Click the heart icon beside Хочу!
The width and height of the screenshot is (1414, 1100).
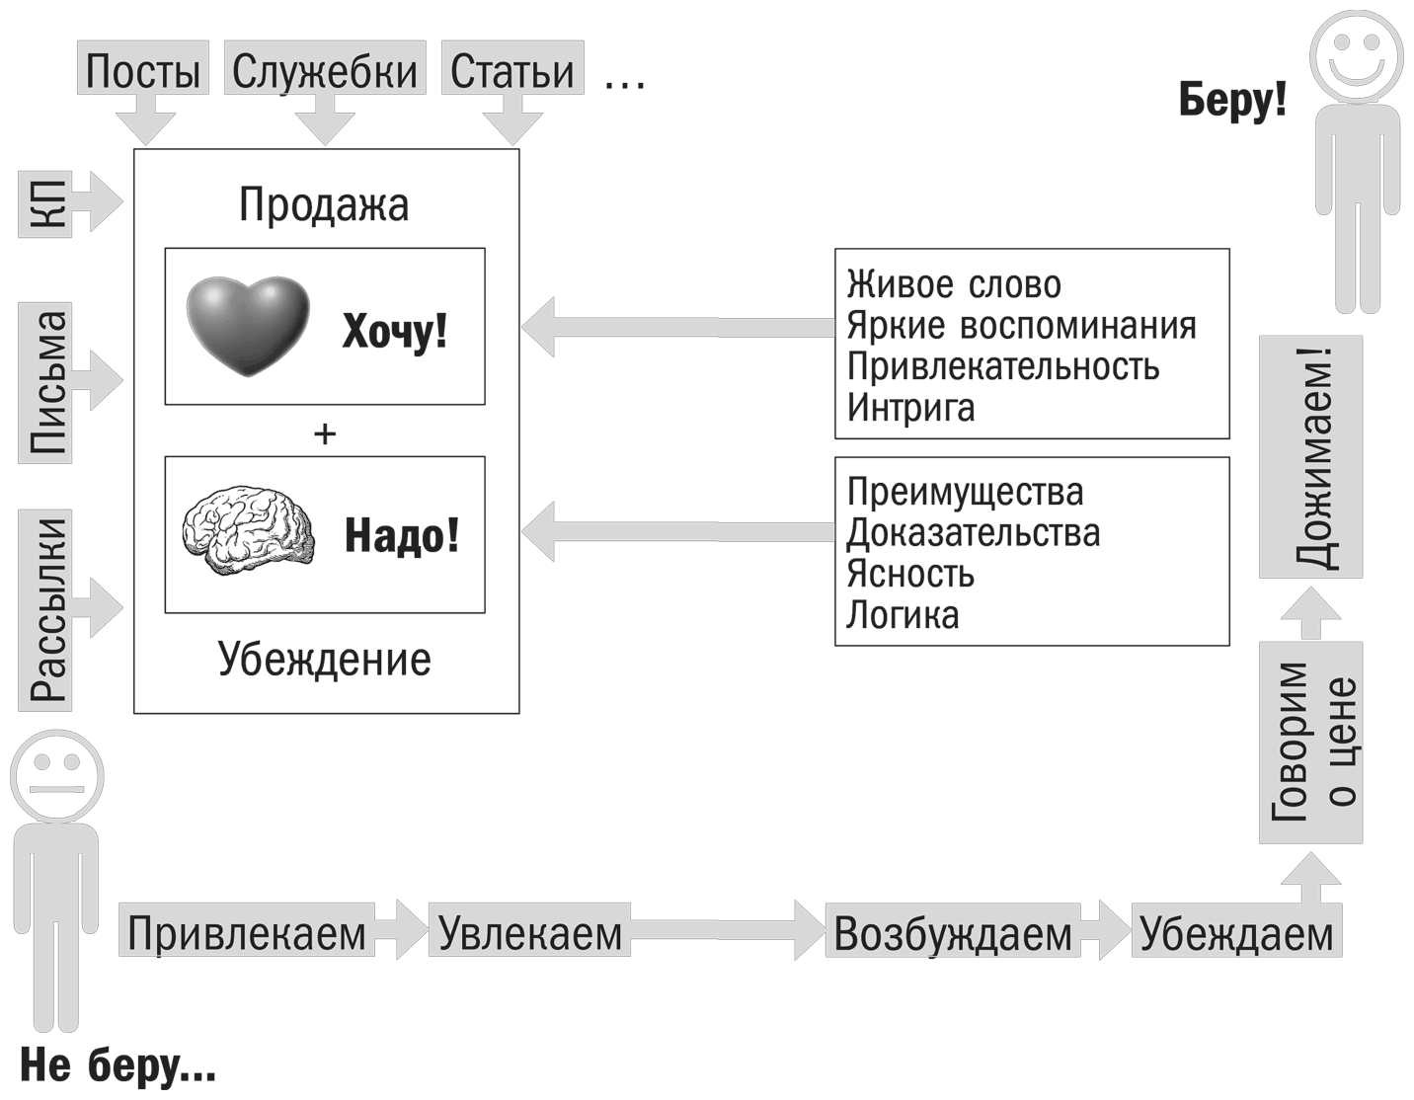coord(248,326)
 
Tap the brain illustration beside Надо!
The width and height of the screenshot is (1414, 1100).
coord(249,533)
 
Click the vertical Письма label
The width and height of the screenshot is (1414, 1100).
coord(45,381)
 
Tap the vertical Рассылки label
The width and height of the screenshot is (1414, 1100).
coord(45,608)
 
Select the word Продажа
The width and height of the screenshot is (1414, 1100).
coord(324,204)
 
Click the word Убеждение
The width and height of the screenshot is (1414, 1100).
coord(324,659)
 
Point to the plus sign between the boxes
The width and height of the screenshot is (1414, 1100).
coord(324,432)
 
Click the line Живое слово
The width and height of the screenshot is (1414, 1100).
coord(954,284)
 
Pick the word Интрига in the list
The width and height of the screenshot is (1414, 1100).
coord(910,407)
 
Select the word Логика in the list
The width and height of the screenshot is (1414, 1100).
coord(903,614)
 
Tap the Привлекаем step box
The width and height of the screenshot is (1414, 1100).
coord(247,931)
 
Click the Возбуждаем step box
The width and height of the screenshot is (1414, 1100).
coord(952,931)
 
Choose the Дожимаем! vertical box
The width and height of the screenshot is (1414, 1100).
coord(1311,457)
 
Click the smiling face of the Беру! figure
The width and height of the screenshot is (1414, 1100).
coord(1356,53)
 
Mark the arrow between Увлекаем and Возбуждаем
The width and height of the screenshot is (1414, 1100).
coord(726,929)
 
